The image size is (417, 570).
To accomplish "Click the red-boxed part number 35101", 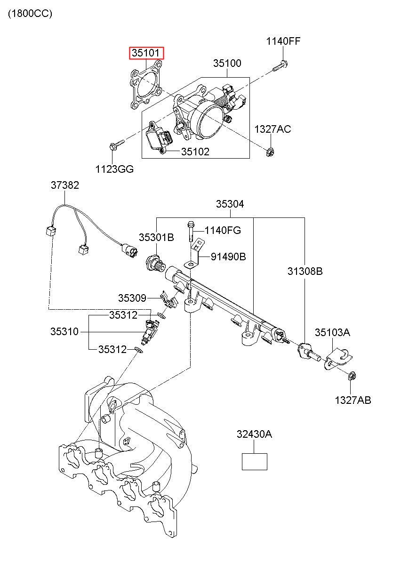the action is pyautogui.click(x=145, y=53).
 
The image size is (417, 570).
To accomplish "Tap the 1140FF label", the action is pyautogui.click(x=283, y=41).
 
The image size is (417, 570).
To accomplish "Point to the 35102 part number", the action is pyautogui.click(x=195, y=152).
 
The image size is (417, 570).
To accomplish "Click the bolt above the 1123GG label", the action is pyautogui.click(x=117, y=145).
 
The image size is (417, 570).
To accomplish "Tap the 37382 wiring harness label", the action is pyautogui.click(x=65, y=185).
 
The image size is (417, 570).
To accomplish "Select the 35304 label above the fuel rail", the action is pyautogui.click(x=230, y=204).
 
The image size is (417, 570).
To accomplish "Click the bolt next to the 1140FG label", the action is pyautogui.click(x=191, y=231).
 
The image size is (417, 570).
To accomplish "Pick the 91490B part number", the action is pyautogui.click(x=228, y=257).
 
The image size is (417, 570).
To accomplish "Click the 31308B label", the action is pyautogui.click(x=305, y=271).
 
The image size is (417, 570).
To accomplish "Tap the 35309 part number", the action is pyautogui.click(x=132, y=298).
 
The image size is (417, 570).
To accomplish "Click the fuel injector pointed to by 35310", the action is pyautogui.click(x=150, y=332).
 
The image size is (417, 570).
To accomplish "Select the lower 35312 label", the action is pyautogui.click(x=112, y=349).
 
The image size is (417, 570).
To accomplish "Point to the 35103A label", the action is pyautogui.click(x=332, y=332).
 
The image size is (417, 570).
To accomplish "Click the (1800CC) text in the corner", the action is pyautogui.click(x=30, y=14).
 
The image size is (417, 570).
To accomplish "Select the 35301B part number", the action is pyautogui.click(x=156, y=237).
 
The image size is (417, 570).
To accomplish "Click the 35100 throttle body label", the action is pyautogui.click(x=227, y=63).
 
